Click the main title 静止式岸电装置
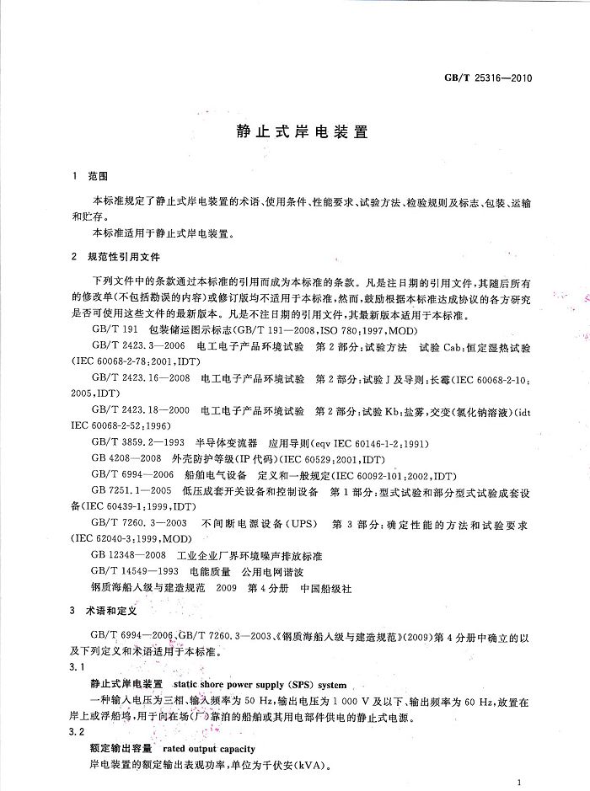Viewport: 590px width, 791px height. coord(294,132)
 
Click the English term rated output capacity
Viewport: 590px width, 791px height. coord(210,749)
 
